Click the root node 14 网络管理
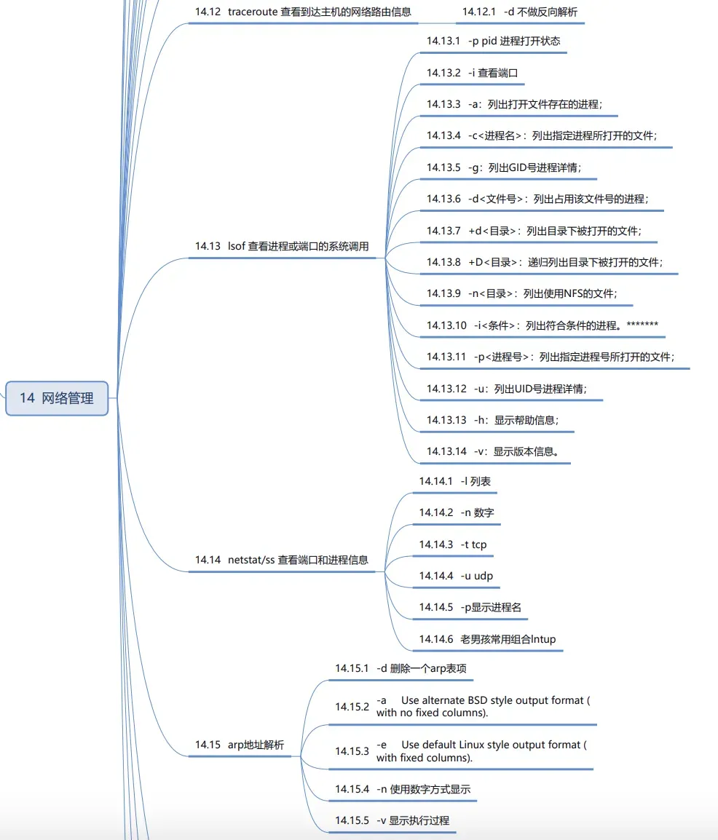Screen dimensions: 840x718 point(57,398)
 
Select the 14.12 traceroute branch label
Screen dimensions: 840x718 point(303,12)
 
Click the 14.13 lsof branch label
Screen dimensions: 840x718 point(282,247)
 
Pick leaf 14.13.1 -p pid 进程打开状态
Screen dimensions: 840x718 point(494,41)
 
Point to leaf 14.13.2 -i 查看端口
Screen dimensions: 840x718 point(472,73)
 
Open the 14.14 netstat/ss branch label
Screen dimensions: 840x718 point(282,560)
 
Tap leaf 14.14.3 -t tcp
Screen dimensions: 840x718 point(453,544)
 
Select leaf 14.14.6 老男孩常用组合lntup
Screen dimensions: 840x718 point(487,639)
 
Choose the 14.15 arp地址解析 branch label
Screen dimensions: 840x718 point(240,745)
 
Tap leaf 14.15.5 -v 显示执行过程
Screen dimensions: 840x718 point(392,820)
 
